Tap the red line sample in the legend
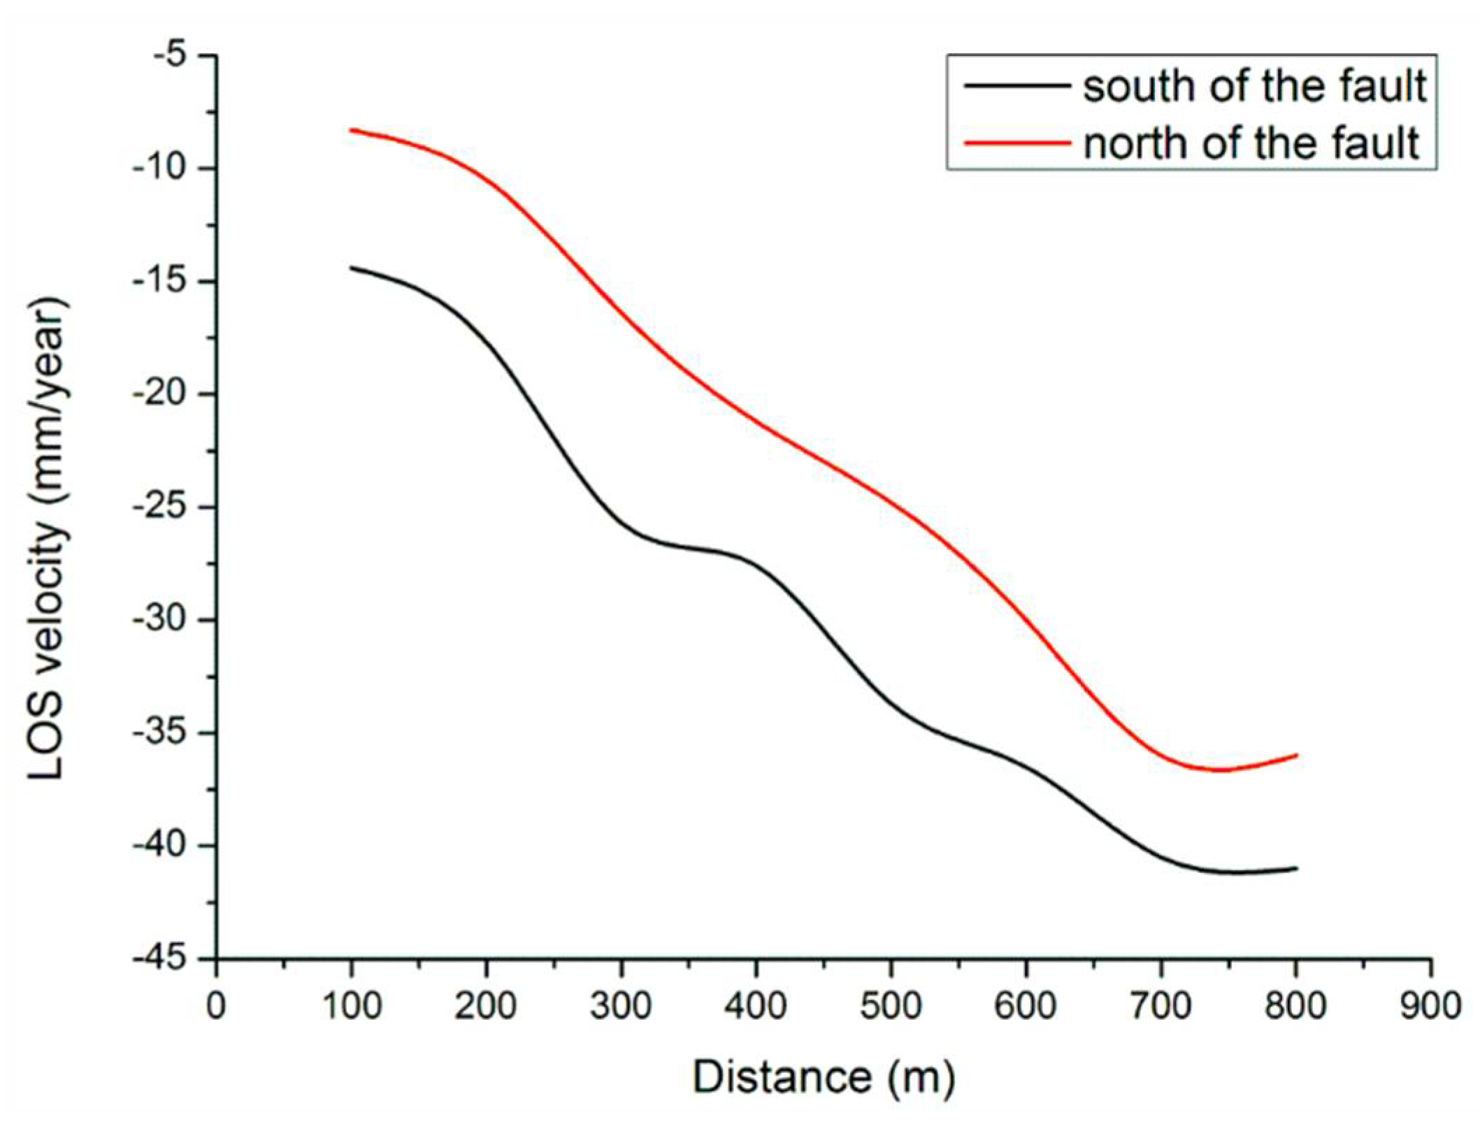pos(1017,143)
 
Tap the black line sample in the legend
pos(1017,85)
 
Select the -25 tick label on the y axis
pos(165,507)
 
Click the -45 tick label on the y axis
pos(165,959)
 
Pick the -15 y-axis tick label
pos(165,282)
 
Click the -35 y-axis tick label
pos(165,733)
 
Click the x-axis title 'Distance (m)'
pos(824,1077)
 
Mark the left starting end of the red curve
pos(352,130)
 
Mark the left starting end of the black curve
pos(352,268)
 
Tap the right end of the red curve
pos(1297,755)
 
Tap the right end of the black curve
pos(1297,868)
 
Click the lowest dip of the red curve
pos(1218,770)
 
